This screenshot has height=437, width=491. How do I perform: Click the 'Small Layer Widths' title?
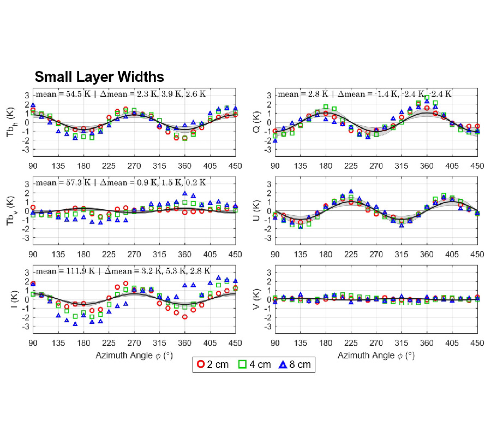[99, 76]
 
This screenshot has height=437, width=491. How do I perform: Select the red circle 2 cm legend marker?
[202, 364]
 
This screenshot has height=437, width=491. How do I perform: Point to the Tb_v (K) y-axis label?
[16, 211]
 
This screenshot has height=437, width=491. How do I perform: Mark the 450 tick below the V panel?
[477, 343]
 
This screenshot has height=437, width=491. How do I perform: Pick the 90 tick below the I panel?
[33, 343]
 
